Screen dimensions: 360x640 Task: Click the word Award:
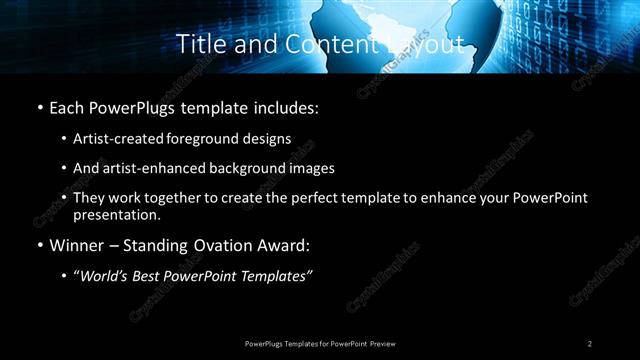click(x=284, y=245)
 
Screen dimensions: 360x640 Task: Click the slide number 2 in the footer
click(x=590, y=343)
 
